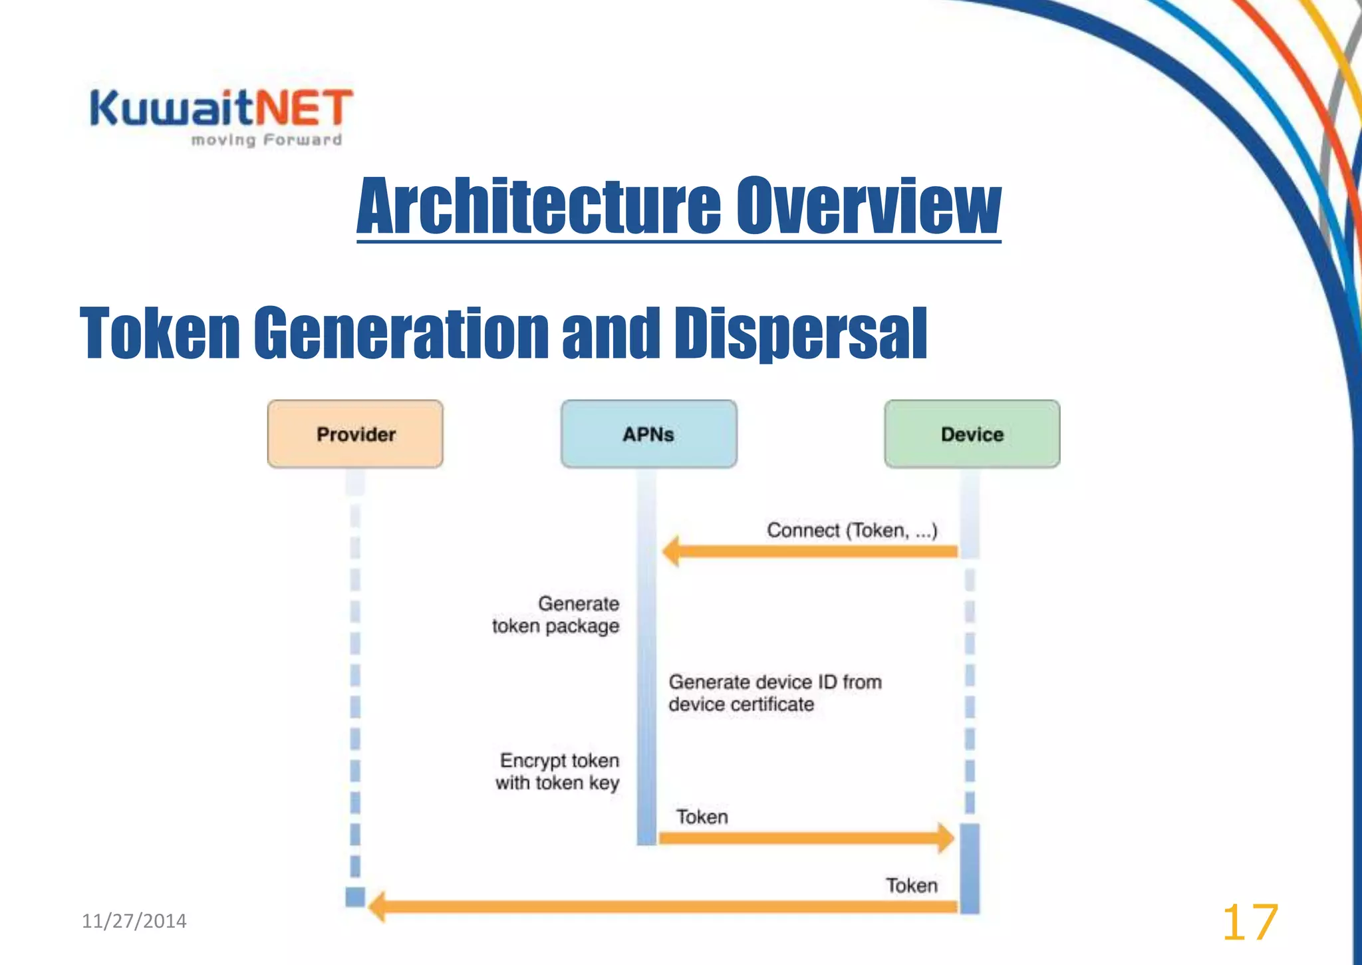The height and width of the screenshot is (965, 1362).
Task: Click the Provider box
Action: [x=355, y=434]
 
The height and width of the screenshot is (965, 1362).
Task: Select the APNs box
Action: [x=648, y=434]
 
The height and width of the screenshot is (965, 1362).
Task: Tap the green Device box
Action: [x=972, y=434]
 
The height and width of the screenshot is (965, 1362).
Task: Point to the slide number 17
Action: [x=1250, y=922]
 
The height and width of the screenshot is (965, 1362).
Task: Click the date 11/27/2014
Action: [x=134, y=921]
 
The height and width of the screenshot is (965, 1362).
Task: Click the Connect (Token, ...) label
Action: [x=851, y=530]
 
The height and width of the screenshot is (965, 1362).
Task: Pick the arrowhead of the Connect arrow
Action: [x=672, y=551]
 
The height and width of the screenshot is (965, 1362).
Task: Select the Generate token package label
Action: [x=556, y=615]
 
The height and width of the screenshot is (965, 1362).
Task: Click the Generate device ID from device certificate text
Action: [x=775, y=693]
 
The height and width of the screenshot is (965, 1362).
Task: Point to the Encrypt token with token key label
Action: [x=558, y=771]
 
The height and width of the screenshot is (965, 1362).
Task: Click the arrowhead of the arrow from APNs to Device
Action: [x=945, y=837]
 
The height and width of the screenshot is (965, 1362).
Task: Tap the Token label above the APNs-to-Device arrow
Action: [x=702, y=817]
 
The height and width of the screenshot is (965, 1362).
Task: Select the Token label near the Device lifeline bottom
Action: [x=911, y=885]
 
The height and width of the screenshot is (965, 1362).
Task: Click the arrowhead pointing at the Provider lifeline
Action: [x=378, y=907]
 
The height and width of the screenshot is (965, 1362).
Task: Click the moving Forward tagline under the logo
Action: [x=266, y=140]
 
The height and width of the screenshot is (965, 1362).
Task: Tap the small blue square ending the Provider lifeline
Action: [x=355, y=896]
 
